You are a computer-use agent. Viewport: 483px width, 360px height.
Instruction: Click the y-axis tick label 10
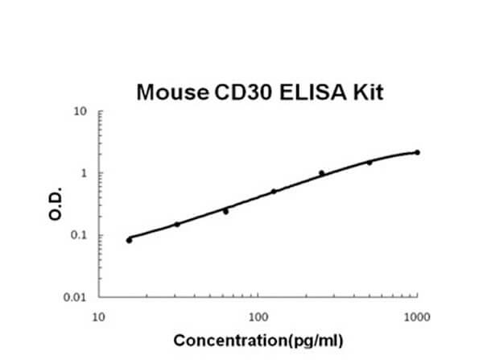pyautogui.click(x=80, y=111)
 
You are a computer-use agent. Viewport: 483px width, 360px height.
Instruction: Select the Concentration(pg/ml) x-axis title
pyautogui.click(x=258, y=341)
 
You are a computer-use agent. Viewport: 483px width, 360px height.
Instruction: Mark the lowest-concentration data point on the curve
pyautogui.click(x=130, y=240)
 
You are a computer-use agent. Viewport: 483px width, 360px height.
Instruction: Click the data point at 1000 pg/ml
pyautogui.click(x=417, y=152)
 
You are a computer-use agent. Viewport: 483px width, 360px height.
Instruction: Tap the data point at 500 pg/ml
pyautogui.click(x=369, y=163)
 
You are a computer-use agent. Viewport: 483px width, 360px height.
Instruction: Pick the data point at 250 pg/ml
pyautogui.click(x=322, y=172)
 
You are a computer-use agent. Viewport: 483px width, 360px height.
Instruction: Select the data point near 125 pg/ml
pyautogui.click(x=274, y=192)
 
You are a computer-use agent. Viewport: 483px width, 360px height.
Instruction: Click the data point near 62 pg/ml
pyautogui.click(x=225, y=211)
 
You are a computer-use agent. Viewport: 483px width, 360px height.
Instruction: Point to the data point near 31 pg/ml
pyautogui.click(x=177, y=224)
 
